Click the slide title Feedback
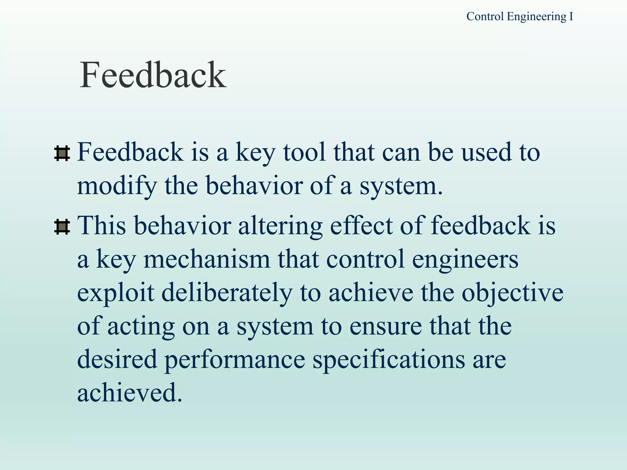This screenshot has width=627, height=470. (x=153, y=75)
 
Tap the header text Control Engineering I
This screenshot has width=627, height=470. (x=520, y=17)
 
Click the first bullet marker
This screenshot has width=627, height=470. (x=62, y=154)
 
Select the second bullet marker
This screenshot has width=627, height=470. (x=62, y=227)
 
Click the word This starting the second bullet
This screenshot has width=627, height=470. (x=102, y=226)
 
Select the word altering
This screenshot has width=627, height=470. (x=280, y=226)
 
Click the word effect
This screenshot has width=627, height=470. (x=361, y=226)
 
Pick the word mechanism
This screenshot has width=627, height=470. (x=207, y=259)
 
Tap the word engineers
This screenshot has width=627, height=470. (x=465, y=259)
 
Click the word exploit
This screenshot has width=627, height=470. (x=115, y=293)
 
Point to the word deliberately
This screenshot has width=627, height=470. (x=227, y=293)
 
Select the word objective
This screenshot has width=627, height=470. (x=512, y=293)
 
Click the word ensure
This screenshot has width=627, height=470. (x=385, y=326)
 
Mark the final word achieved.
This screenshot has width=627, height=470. (x=130, y=393)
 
